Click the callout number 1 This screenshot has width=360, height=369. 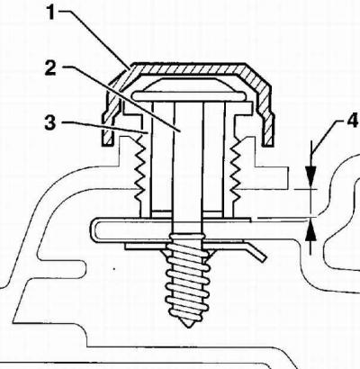[51, 13]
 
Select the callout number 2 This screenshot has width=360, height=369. [50, 68]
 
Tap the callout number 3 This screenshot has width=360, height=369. [50, 123]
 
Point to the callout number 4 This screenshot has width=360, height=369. [352, 121]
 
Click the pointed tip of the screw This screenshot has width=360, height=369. [188, 325]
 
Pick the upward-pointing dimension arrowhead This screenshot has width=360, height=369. [310, 231]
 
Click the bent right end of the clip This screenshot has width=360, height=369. [256, 251]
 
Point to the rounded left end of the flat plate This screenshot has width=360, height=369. [93, 230]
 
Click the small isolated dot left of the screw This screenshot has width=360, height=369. [114, 269]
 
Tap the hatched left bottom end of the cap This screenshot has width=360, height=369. [107, 130]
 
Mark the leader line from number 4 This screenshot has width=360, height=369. [327, 135]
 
